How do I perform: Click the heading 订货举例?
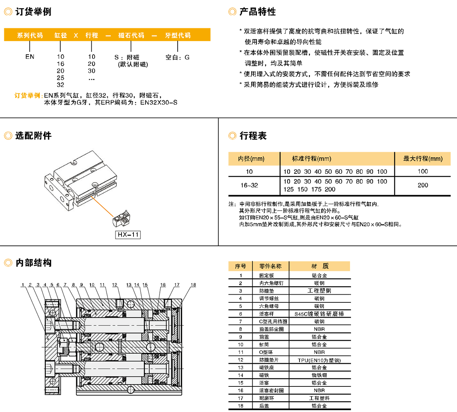point(33,12)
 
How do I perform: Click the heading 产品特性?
point(257,12)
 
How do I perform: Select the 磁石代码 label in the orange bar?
point(131,35)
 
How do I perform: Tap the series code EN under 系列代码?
point(30,57)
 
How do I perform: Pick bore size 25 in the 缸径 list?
point(60,78)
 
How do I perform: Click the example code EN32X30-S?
point(159,103)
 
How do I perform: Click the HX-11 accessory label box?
point(128,235)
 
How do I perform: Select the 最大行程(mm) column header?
point(423,158)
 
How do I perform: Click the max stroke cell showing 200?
point(423,185)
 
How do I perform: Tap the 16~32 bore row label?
point(249,185)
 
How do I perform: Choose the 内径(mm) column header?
point(251,158)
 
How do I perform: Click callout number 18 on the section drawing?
point(193,285)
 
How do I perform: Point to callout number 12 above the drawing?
point(115,285)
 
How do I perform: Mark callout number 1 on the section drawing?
point(23,285)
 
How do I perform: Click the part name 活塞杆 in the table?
point(267,314)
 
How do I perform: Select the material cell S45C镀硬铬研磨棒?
point(319,314)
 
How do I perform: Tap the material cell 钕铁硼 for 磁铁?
point(319,375)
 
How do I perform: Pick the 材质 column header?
point(320,266)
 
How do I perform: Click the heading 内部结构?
point(33,263)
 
